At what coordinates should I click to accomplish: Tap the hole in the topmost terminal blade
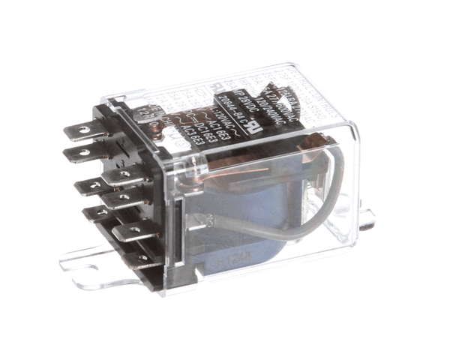pyautogui.click(x=79, y=128)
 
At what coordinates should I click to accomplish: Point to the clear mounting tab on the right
pyautogui.click(x=365, y=219)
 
